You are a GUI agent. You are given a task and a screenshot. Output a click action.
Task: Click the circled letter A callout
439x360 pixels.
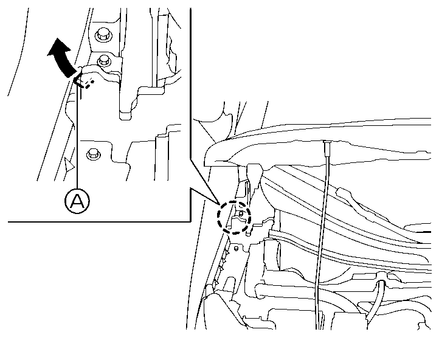(x=77, y=201)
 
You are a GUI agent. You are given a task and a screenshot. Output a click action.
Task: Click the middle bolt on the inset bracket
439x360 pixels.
(x=103, y=60)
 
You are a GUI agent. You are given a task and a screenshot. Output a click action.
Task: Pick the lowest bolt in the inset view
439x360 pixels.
(x=93, y=154)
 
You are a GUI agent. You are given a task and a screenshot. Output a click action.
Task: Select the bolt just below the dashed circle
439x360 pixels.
(x=236, y=249)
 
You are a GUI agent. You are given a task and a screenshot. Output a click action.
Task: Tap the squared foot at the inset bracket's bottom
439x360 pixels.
(x=125, y=116)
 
